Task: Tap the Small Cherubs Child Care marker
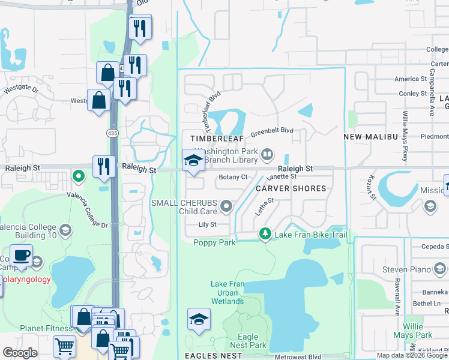pos(226,207)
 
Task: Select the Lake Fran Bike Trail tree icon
pos(264,234)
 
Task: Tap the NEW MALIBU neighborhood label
pos(371,137)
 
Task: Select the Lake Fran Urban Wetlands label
pos(228,292)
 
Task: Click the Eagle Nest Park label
pos(248,341)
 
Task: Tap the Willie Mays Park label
pos(418,331)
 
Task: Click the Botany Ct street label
pos(233,177)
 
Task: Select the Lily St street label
pos(206,224)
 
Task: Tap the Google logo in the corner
pos(19,353)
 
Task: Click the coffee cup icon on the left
pos(22,255)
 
